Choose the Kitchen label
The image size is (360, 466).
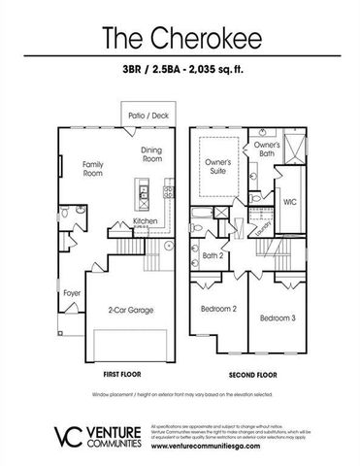(x=147, y=220)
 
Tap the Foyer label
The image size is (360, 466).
(x=72, y=290)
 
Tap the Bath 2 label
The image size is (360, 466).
(x=213, y=257)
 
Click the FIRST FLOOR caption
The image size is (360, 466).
(x=122, y=373)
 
